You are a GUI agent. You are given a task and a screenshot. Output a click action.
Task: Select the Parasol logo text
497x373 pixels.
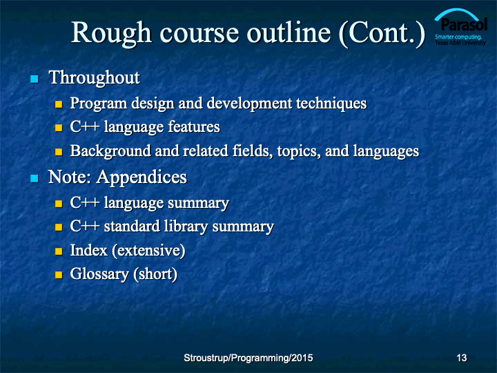click(x=464, y=24)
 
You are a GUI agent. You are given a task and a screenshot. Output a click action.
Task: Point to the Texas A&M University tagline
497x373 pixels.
click(x=460, y=43)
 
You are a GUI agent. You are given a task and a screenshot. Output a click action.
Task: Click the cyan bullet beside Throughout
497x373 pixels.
click(x=35, y=79)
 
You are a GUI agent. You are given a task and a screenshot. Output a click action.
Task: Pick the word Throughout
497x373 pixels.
click(x=94, y=78)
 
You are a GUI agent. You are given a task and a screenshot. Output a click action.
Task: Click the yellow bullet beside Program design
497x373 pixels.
click(x=59, y=104)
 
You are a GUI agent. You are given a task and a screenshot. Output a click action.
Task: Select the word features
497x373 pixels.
click(x=194, y=126)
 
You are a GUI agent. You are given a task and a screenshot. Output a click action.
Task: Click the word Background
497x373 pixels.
click(x=110, y=151)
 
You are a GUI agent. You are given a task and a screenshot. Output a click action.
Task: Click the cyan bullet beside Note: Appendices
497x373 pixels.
click(x=35, y=178)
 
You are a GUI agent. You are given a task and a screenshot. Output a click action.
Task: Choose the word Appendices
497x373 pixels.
click(x=142, y=178)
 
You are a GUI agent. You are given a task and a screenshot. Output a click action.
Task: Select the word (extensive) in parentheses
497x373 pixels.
click(x=148, y=251)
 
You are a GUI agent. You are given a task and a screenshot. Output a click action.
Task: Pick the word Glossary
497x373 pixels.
click(x=99, y=274)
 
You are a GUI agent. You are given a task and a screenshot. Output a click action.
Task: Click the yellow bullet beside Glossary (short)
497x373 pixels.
click(x=59, y=275)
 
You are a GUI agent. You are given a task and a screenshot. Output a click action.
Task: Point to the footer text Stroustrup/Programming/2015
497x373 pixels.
click(x=248, y=358)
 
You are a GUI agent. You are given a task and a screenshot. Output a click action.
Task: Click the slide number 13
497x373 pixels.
click(x=462, y=358)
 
